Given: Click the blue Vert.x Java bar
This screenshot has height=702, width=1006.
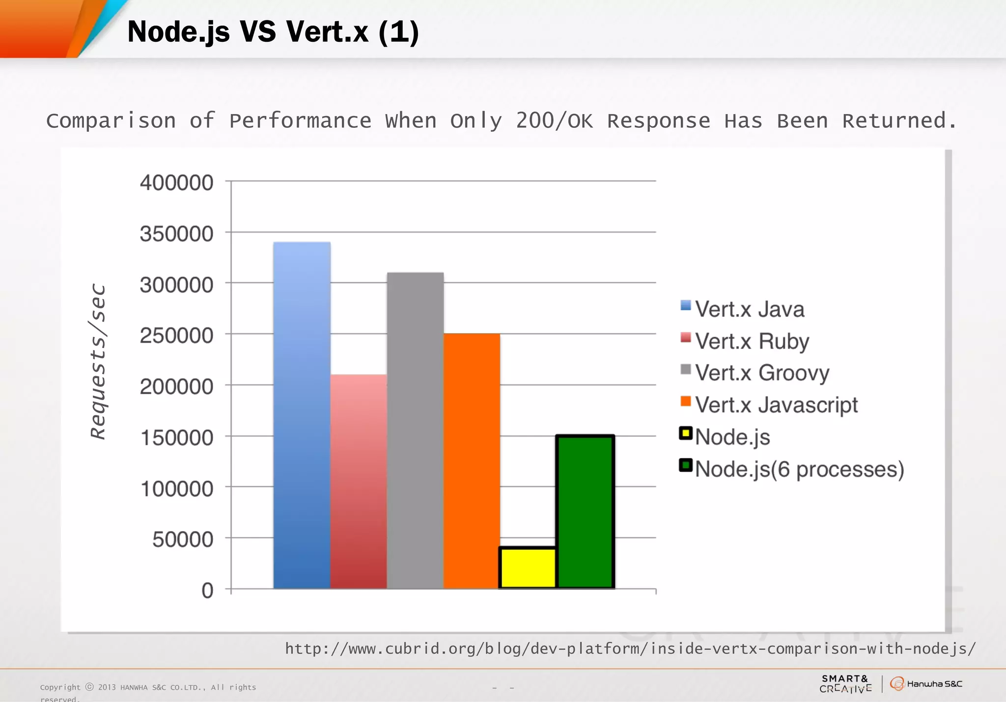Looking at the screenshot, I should click(x=302, y=415).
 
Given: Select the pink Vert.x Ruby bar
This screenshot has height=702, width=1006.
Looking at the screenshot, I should click(x=359, y=482).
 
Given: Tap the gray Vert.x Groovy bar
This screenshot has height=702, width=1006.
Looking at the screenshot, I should click(x=415, y=430).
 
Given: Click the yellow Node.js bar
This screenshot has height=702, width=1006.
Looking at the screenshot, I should click(x=528, y=568).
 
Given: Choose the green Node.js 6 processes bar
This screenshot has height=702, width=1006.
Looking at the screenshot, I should click(x=585, y=511).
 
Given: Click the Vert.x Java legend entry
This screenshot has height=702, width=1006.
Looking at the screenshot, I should click(x=749, y=310).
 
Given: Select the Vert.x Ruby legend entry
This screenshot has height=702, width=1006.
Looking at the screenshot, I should click(x=752, y=341).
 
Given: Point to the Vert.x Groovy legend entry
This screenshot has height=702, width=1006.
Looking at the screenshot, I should click(x=761, y=373).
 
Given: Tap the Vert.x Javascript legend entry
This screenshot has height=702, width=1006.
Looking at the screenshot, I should click(x=776, y=405).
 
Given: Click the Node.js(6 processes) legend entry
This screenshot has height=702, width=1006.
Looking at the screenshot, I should click(x=799, y=469).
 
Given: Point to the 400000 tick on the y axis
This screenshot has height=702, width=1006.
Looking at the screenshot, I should click(x=176, y=183).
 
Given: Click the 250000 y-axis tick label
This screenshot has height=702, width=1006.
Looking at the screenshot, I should click(x=176, y=336).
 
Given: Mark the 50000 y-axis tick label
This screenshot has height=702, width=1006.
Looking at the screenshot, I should click(x=183, y=539).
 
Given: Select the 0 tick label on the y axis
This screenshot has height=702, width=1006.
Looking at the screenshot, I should click(x=207, y=590).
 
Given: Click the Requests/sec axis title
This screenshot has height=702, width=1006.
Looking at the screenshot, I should click(x=98, y=361).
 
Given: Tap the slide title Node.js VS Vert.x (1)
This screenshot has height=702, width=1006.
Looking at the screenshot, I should click(x=273, y=32).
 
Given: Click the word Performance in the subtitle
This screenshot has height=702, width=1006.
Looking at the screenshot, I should click(x=300, y=121).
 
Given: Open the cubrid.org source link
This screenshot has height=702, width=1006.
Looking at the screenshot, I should click(x=630, y=649).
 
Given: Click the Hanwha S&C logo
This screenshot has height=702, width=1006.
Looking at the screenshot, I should click(x=926, y=684).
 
